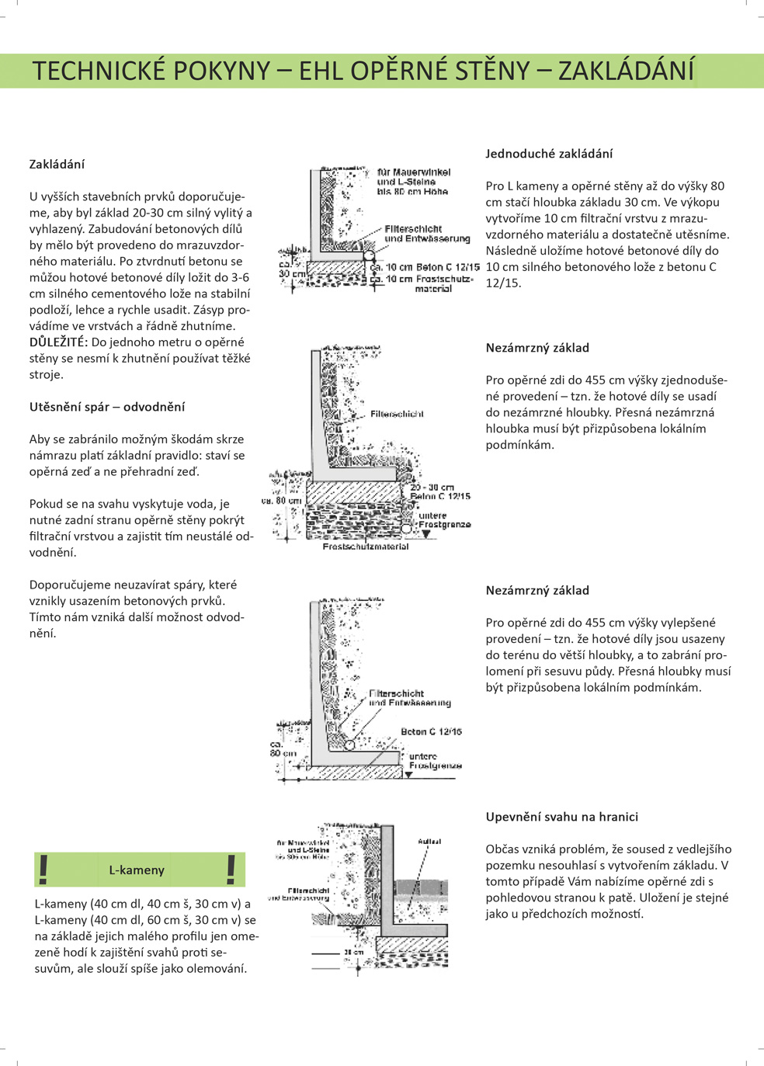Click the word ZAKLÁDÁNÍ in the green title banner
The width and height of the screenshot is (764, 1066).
click(626, 71)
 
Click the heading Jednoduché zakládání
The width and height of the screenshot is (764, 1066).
click(549, 154)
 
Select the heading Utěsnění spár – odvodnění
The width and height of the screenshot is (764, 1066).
click(107, 407)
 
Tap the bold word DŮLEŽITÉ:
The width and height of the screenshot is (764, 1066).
click(59, 342)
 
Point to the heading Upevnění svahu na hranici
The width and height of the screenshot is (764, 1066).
click(562, 817)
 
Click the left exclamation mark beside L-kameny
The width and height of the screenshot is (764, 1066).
click(44, 870)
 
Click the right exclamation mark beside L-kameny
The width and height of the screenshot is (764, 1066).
click(231, 870)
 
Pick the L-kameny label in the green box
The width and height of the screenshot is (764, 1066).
click(137, 870)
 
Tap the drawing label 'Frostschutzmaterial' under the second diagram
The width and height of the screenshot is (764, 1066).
click(366, 547)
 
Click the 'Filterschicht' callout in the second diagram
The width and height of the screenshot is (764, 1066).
click(397, 414)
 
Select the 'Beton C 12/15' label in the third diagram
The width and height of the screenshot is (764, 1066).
click(431, 731)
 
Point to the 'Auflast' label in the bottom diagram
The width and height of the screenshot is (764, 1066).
click(429, 842)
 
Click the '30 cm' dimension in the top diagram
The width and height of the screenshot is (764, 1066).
click(292, 274)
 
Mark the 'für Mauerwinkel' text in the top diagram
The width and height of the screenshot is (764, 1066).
click(414, 172)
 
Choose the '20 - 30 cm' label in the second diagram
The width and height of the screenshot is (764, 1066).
click(432, 488)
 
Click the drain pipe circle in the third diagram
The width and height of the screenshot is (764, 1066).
click(349, 745)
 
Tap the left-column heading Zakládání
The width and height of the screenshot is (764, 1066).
click(57, 165)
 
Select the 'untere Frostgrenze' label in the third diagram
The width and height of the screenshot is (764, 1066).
click(435, 761)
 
